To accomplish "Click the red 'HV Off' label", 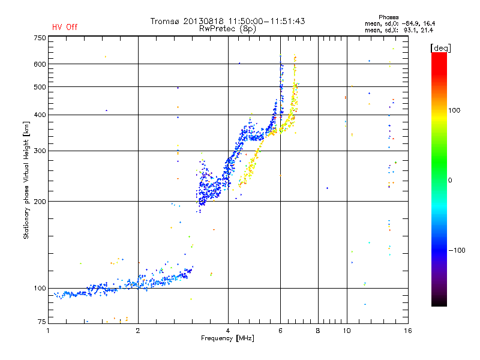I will (65, 27).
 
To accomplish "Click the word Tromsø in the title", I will (164, 21).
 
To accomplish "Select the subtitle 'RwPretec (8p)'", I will (227, 28).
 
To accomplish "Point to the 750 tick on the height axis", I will (40, 38).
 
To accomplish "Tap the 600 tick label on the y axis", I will (40, 64).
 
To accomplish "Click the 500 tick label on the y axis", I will (40, 87).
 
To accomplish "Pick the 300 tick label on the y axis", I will (40, 151).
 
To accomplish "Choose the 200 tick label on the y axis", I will (40, 202).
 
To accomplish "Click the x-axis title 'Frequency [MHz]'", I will (227, 338).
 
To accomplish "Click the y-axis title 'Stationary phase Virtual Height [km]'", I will (26, 180).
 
